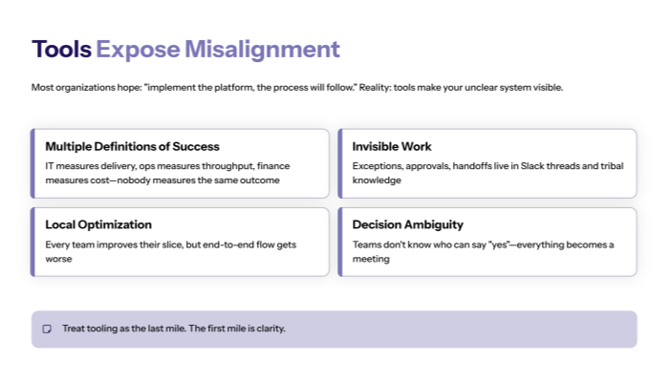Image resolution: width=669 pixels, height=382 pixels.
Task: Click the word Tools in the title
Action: pos(62,50)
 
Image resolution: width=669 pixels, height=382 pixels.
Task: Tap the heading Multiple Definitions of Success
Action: pos(132,147)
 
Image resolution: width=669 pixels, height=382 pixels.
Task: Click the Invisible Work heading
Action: pos(392,147)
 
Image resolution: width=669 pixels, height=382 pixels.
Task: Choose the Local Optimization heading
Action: pos(98,224)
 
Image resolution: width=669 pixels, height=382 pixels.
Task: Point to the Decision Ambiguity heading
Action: pos(407,224)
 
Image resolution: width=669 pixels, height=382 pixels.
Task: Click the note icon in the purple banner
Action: pos(47,329)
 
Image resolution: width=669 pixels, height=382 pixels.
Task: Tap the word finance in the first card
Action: pos(272,165)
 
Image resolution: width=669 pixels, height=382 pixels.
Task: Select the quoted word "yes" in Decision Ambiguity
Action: pos(505,244)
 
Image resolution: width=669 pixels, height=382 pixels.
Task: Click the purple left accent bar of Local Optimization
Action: pos(32,242)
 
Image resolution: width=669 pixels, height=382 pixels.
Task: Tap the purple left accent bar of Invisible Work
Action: pos(339,163)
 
